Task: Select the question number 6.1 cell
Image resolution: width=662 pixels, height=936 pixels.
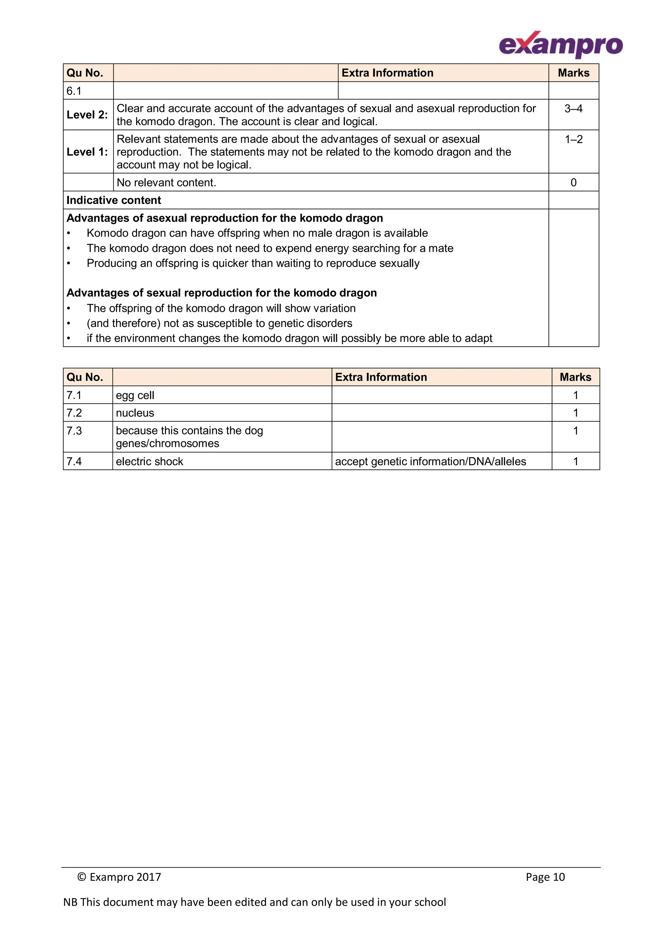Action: click(74, 91)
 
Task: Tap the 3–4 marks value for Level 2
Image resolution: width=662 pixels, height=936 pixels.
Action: click(573, 109)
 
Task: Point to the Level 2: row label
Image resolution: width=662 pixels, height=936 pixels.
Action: click(87, 115)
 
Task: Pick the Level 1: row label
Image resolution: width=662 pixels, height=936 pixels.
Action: click(87, 152)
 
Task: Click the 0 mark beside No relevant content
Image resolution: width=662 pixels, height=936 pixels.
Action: click(573, 183)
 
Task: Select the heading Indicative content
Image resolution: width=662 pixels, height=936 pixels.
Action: click(114, 200)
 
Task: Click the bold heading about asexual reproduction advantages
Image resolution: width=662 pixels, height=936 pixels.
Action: click(224, 218)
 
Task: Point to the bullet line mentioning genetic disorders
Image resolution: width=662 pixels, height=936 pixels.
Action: click(219, 323)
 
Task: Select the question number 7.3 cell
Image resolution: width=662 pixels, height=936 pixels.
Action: click(74, 431)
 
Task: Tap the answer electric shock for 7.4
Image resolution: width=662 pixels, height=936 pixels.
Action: click(149, 461)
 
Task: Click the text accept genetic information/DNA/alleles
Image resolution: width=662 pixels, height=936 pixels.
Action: click(430, 461)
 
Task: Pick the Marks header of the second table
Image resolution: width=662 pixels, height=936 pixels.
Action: click(575, 377)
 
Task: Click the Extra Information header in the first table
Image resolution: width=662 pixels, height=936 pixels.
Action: click(387, 73)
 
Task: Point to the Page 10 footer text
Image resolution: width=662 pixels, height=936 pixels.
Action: click(545, 877)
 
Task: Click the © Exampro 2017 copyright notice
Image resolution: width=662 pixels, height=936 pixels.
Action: click(119, 877)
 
